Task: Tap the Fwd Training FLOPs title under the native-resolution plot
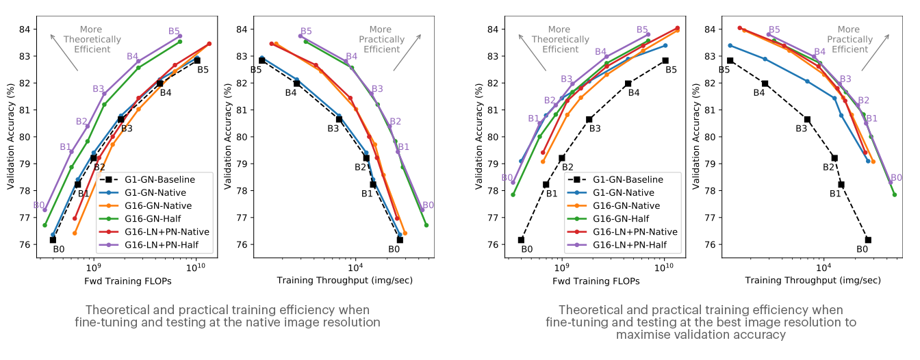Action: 127,281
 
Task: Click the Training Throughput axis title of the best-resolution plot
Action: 813,281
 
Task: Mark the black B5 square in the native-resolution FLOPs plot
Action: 197,60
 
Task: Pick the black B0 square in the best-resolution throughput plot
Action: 868,240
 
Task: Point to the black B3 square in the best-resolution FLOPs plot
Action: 589,119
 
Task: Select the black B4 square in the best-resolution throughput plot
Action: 765,83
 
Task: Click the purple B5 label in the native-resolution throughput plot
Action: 305,31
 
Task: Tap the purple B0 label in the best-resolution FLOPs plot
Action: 507,178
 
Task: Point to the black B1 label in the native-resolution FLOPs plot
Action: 84,194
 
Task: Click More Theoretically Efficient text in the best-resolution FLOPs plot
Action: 560,40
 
